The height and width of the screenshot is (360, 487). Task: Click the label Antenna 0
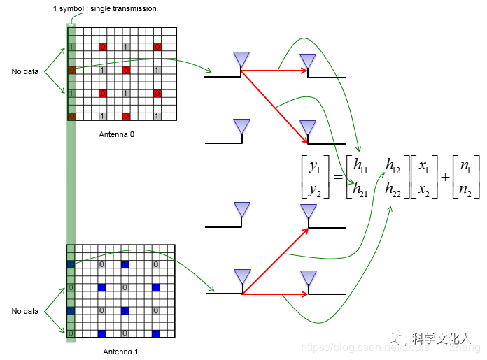pyautogui.click(x=116, y=134)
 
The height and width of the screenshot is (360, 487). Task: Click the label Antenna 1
pyautogui.click(x=120, y=352)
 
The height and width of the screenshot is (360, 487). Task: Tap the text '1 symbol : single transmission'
pyautogui.click(x=104, y=8)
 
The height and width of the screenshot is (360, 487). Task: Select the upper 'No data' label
pyautogui.click(x=25, y=71)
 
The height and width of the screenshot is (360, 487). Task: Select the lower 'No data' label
pyautogui.click(x=25, y=311)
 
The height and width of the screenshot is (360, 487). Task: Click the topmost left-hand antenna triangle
pyautogui.click(x=241, y=60)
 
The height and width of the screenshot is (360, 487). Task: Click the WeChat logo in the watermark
pyautogui.click(x=402, y=338)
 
